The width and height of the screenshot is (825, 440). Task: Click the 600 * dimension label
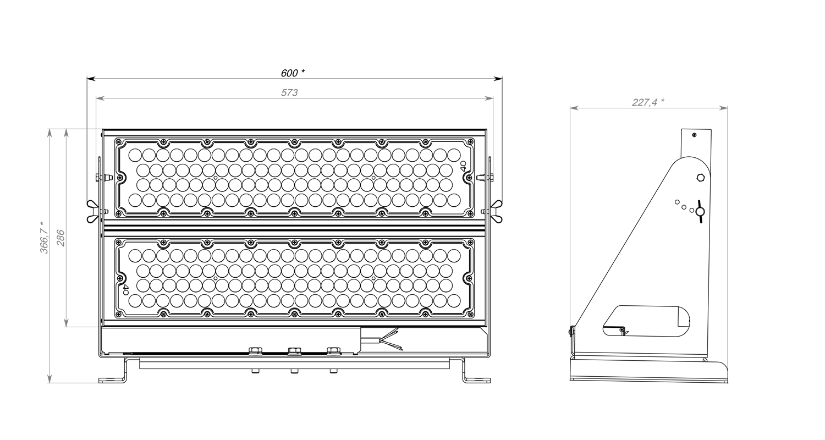[293, 73]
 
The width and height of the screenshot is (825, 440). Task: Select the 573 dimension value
[289, 92]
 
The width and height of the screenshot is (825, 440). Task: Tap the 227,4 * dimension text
[648, 102]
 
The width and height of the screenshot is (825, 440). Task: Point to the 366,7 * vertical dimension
[45, 238]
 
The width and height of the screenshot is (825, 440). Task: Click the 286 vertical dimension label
[61, 238]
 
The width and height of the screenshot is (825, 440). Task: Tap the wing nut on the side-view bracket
[700, 211]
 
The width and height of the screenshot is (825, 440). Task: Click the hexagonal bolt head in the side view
[701, 178]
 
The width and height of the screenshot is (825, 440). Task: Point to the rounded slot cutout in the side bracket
[646, 321]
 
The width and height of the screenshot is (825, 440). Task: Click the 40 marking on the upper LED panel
[463, 166]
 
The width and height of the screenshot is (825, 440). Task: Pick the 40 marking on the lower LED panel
[125, 290]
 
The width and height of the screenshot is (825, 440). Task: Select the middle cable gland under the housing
[294, 350]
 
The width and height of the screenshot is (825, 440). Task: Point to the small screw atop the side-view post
[694, 135]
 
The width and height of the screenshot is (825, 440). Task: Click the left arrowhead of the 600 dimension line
[91, 79]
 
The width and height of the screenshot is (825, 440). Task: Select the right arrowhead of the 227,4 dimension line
[724, 108]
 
